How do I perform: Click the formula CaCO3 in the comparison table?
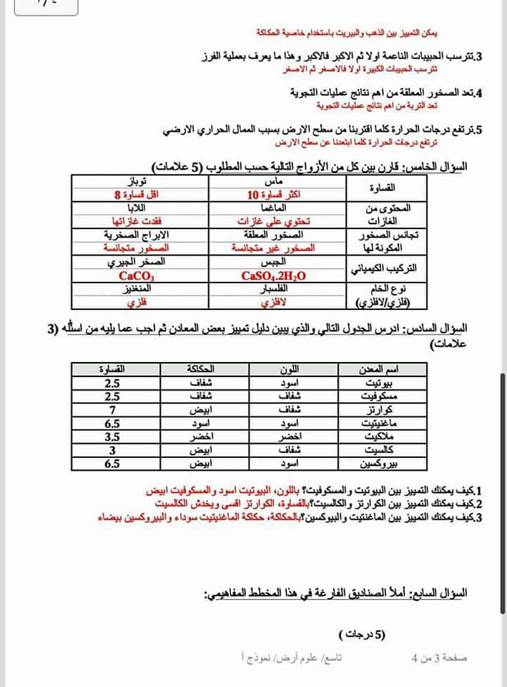[137, 276]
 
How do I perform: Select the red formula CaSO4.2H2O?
[274, 276]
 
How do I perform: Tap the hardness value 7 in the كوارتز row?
[112, 410]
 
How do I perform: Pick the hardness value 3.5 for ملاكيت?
[112, 437]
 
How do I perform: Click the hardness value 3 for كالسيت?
[112, 450]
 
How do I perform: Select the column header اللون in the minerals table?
[288, 369]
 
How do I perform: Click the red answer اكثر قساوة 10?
[274, 195]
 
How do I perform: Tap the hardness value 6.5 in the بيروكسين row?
[112, 464]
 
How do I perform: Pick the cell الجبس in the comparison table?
[274, 263]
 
